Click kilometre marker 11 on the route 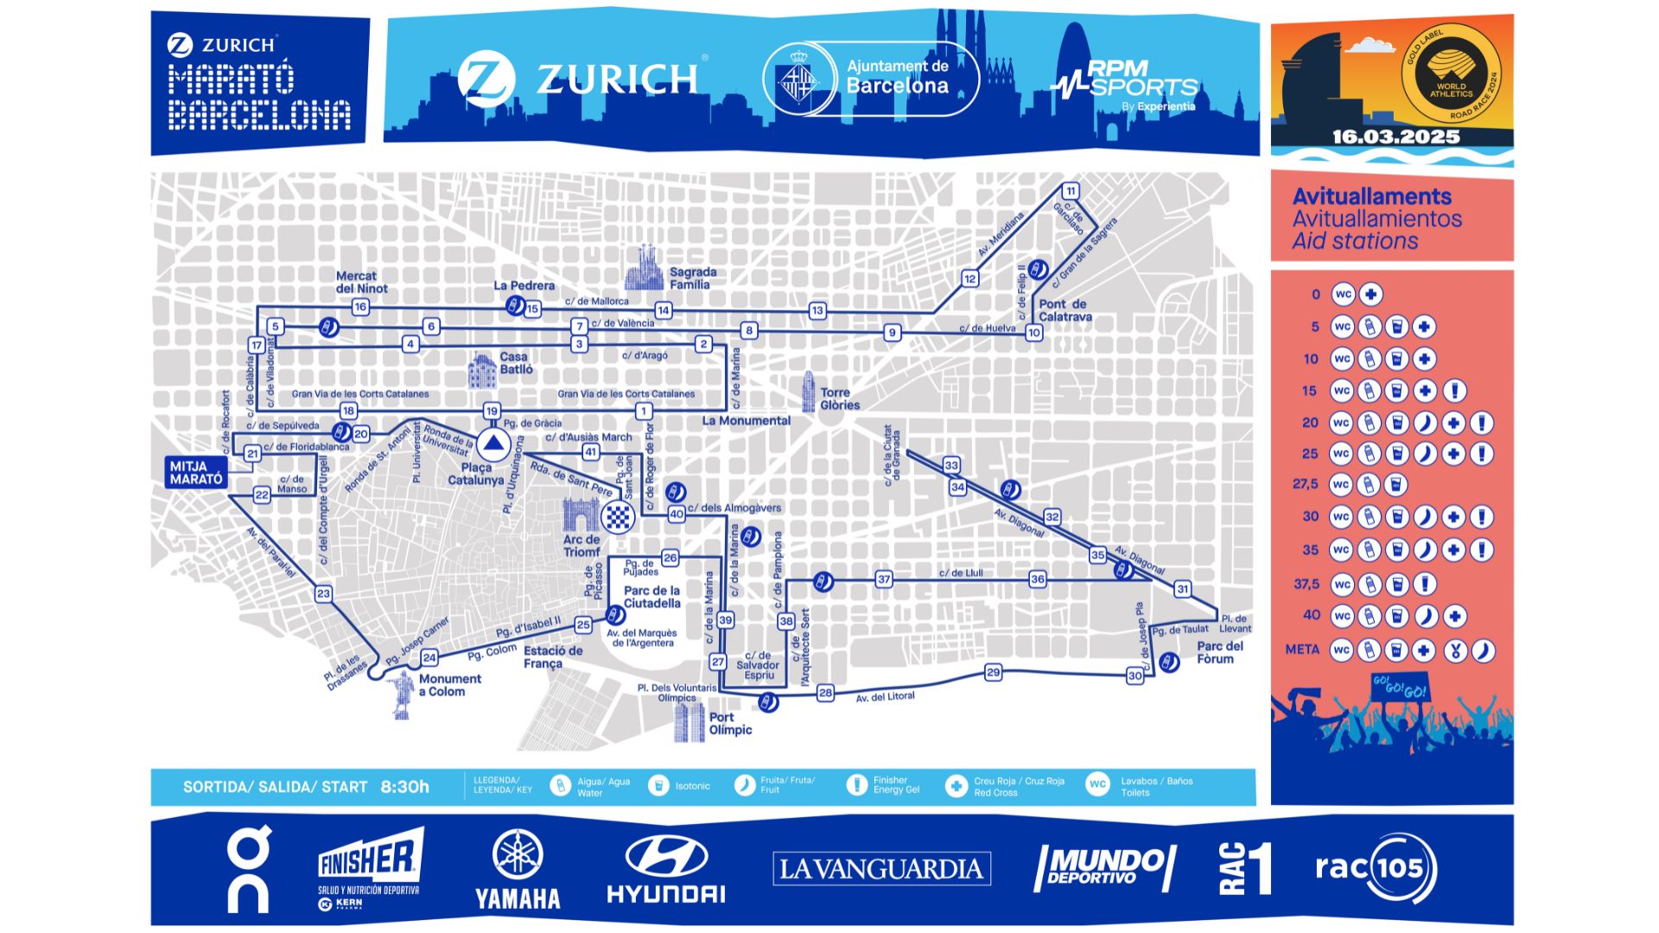point(1071,191)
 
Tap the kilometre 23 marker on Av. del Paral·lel point(323,593)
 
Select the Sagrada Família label point(692,278)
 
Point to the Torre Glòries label point(839,398)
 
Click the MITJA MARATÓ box point(196,473)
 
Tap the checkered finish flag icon point(618,517)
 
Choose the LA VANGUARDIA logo point(881,868)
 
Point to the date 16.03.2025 point(1395,136)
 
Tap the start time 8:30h point(404,787)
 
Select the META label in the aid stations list point(1302,650)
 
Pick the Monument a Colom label point(449,685)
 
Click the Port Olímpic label point(729,723)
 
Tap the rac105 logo point(1376,867)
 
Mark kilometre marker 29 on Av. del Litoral point(993,672)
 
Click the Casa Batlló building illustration point(482,370)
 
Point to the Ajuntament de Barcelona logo point(871,79)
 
